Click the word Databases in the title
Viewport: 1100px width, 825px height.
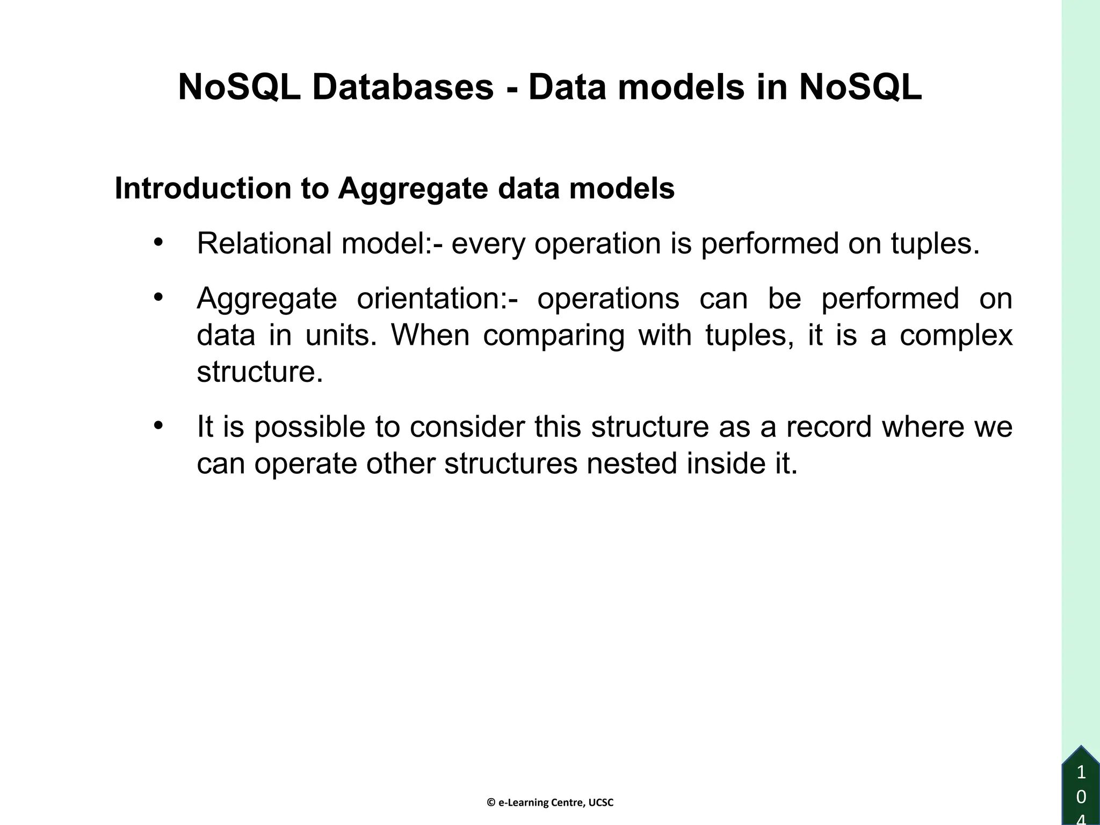403,87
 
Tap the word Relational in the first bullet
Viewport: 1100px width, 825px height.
264,243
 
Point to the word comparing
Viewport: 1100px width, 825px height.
553,335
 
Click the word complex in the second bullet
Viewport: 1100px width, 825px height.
956,335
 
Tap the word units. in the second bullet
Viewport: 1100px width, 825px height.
341,335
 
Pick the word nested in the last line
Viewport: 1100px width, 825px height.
631,464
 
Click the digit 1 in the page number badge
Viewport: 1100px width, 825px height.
1081,773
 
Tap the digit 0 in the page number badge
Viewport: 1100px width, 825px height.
1081,797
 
